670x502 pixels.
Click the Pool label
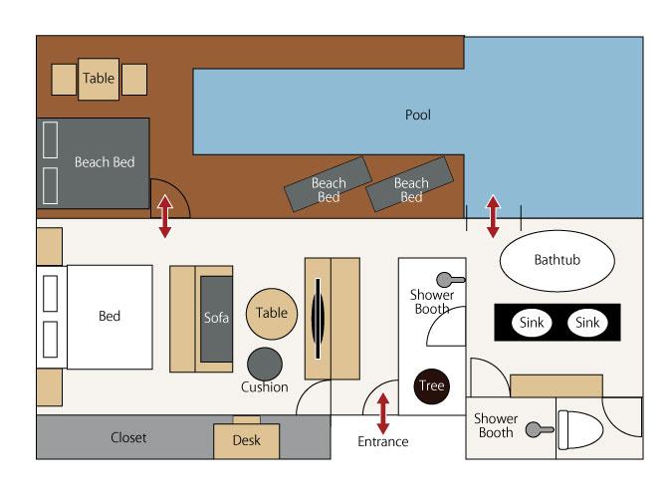coord(417,115)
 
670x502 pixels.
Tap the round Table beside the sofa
coord(272,314)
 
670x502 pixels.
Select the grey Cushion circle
coord(265,364)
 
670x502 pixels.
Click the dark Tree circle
coord(432,386)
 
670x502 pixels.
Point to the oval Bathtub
coord(558,260)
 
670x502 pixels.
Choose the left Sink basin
coord(532,323)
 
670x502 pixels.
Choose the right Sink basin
coord(587,323)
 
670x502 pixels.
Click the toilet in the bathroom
coord(580,429)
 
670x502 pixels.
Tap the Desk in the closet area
coord(247,440)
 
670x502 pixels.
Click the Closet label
coord(128,437)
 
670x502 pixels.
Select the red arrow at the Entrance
coord(383,413)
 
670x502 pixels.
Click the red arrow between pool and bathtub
coord(493,216)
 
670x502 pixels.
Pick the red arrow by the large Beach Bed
coord(165,216)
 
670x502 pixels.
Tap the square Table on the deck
coord(99,79)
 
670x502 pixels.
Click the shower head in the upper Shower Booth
coord(450,280)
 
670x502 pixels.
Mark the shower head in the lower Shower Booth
coord(540,429)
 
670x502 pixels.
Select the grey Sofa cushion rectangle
coord(217,319)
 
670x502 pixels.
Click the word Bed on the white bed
coord(110,316)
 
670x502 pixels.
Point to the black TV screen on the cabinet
coord(318,319)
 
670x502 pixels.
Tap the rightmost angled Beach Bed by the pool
coord(410,184)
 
